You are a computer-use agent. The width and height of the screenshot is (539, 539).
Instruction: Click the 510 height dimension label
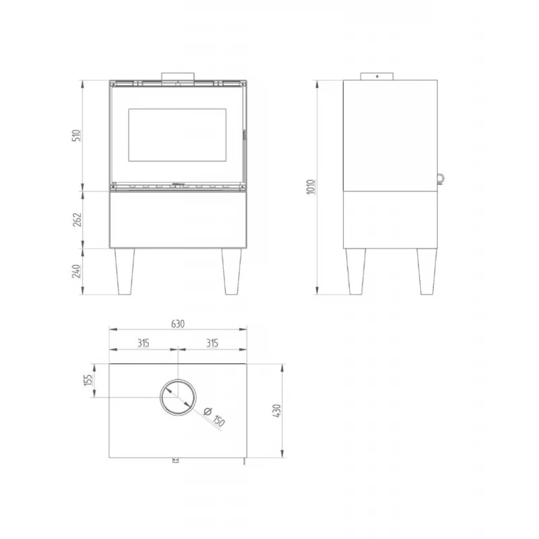(77, 136)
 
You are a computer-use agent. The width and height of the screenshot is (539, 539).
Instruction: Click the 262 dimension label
(77, 220)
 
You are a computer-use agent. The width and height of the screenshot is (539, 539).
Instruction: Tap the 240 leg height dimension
(77, 272)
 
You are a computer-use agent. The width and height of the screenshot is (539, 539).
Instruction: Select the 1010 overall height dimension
(311, 187)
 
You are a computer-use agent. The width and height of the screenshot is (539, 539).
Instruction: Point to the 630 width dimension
(178, 324)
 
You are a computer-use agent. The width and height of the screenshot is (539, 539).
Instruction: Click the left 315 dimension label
(143, 342)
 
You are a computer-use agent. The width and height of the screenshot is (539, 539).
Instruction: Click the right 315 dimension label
(212, 342)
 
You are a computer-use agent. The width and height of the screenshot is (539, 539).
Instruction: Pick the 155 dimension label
(88, 381)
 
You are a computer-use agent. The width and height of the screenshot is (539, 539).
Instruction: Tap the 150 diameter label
(218, 421)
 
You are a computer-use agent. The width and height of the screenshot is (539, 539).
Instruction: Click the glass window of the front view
(177, 135)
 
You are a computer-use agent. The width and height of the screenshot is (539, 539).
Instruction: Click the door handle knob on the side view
(439, 178)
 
